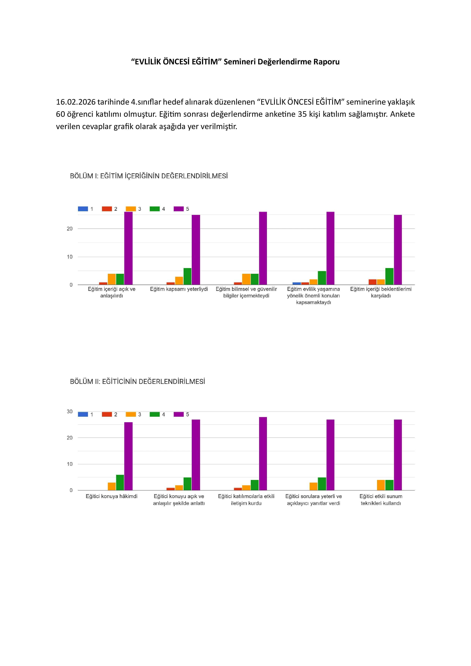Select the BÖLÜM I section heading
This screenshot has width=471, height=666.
point(149,176)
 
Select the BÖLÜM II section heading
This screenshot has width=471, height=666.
point(137,381)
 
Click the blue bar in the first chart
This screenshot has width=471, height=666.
point(297,283)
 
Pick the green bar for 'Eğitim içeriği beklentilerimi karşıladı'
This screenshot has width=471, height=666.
point(389,276)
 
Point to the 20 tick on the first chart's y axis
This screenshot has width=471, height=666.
point(70,229)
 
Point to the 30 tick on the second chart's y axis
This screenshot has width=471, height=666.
point(70,411)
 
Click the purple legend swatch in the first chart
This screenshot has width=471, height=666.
point(179,209)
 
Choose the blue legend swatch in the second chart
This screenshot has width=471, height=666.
point(83,414)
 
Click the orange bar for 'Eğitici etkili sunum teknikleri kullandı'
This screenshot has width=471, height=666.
point(381,485)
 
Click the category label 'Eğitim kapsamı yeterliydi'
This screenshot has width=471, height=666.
point(179,289)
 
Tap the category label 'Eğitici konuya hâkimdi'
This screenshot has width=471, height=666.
point(112,496)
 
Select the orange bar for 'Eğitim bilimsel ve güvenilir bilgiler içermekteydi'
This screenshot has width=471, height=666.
point(246,279)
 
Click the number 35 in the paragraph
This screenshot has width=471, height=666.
point(302,114)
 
